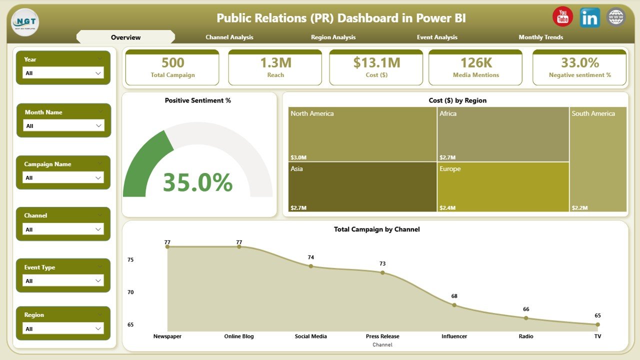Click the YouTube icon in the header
(x=562, y=17)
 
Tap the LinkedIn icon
(x=590, y=17)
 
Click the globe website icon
(x=616, y=17)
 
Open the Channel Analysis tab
(x=229, y=37)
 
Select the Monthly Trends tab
(x=540, y=37)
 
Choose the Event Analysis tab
(x=437, y=37)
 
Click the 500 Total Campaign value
(x=172, y=62)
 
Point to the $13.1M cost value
(x=376, y=62)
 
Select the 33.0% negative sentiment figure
(x=580, y=62)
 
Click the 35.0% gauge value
(x=198, y=182)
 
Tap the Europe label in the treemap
(x=450, y=169)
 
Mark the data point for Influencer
(x=454, y=305)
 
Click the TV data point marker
(x=597, y=324)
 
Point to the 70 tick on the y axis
(x=130, y=292)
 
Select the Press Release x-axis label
(x=382, y=336)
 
